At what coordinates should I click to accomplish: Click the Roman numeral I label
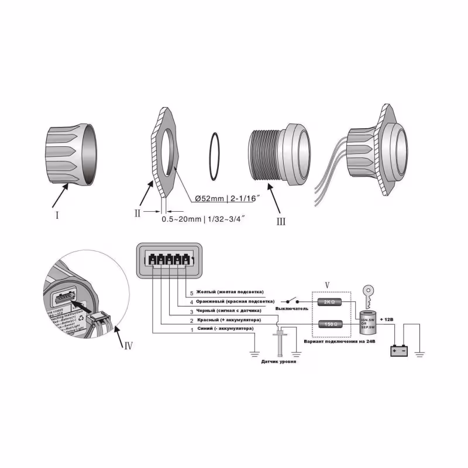[x=57, y=215]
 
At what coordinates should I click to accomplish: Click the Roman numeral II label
[x=137, y=213]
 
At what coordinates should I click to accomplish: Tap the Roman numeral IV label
[x=129, y=345]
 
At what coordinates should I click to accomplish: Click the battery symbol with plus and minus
[x=401, y=351]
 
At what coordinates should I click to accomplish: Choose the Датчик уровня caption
[x=278, y=362]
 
